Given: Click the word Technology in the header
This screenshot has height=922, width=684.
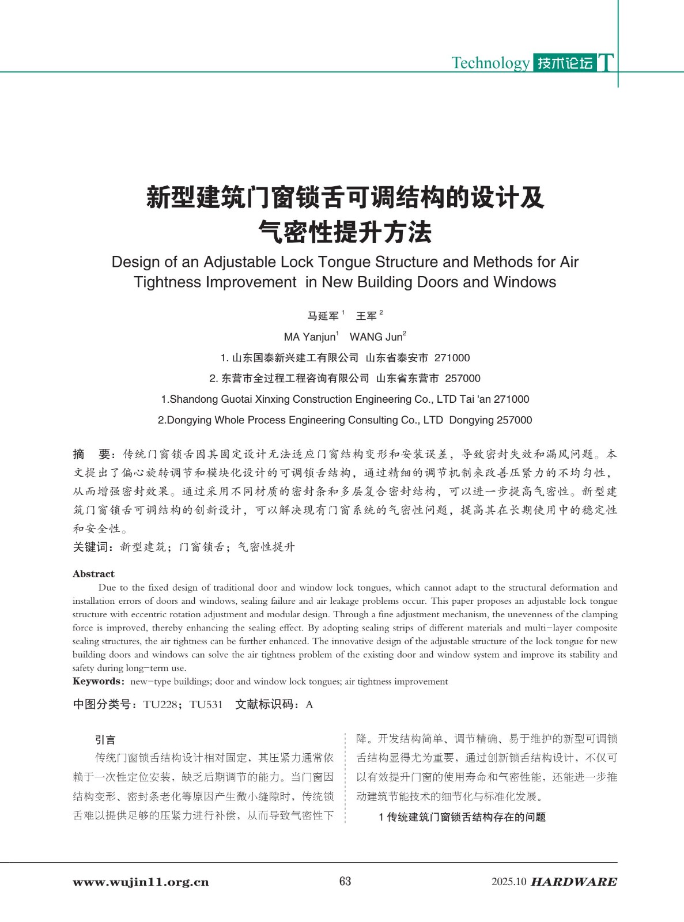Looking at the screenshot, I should click(490, 63).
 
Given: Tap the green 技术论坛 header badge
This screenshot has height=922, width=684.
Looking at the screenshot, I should click(565, 63).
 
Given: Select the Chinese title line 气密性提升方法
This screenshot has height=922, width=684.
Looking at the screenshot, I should click(345, 232).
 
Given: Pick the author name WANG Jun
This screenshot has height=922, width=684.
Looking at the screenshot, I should click(376, 337).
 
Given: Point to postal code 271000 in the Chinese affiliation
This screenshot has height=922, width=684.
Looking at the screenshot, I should click(452, 358).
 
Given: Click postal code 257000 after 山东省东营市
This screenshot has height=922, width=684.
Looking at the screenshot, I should click(463, 379).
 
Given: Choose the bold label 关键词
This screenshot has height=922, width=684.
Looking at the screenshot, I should click(93, 547).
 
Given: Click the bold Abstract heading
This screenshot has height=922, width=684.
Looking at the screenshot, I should click(93, 574).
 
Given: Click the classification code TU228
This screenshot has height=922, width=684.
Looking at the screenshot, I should click(160, 705).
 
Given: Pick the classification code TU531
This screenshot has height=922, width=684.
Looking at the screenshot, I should click(206, 705).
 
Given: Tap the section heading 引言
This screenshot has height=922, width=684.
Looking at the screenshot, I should click(105, 740).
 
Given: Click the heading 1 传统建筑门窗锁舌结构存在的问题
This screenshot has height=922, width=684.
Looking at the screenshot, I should click(462, 817).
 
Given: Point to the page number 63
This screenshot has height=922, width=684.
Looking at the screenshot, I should click(345, 881).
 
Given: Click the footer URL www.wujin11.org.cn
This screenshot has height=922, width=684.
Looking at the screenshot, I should click(141, 882).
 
